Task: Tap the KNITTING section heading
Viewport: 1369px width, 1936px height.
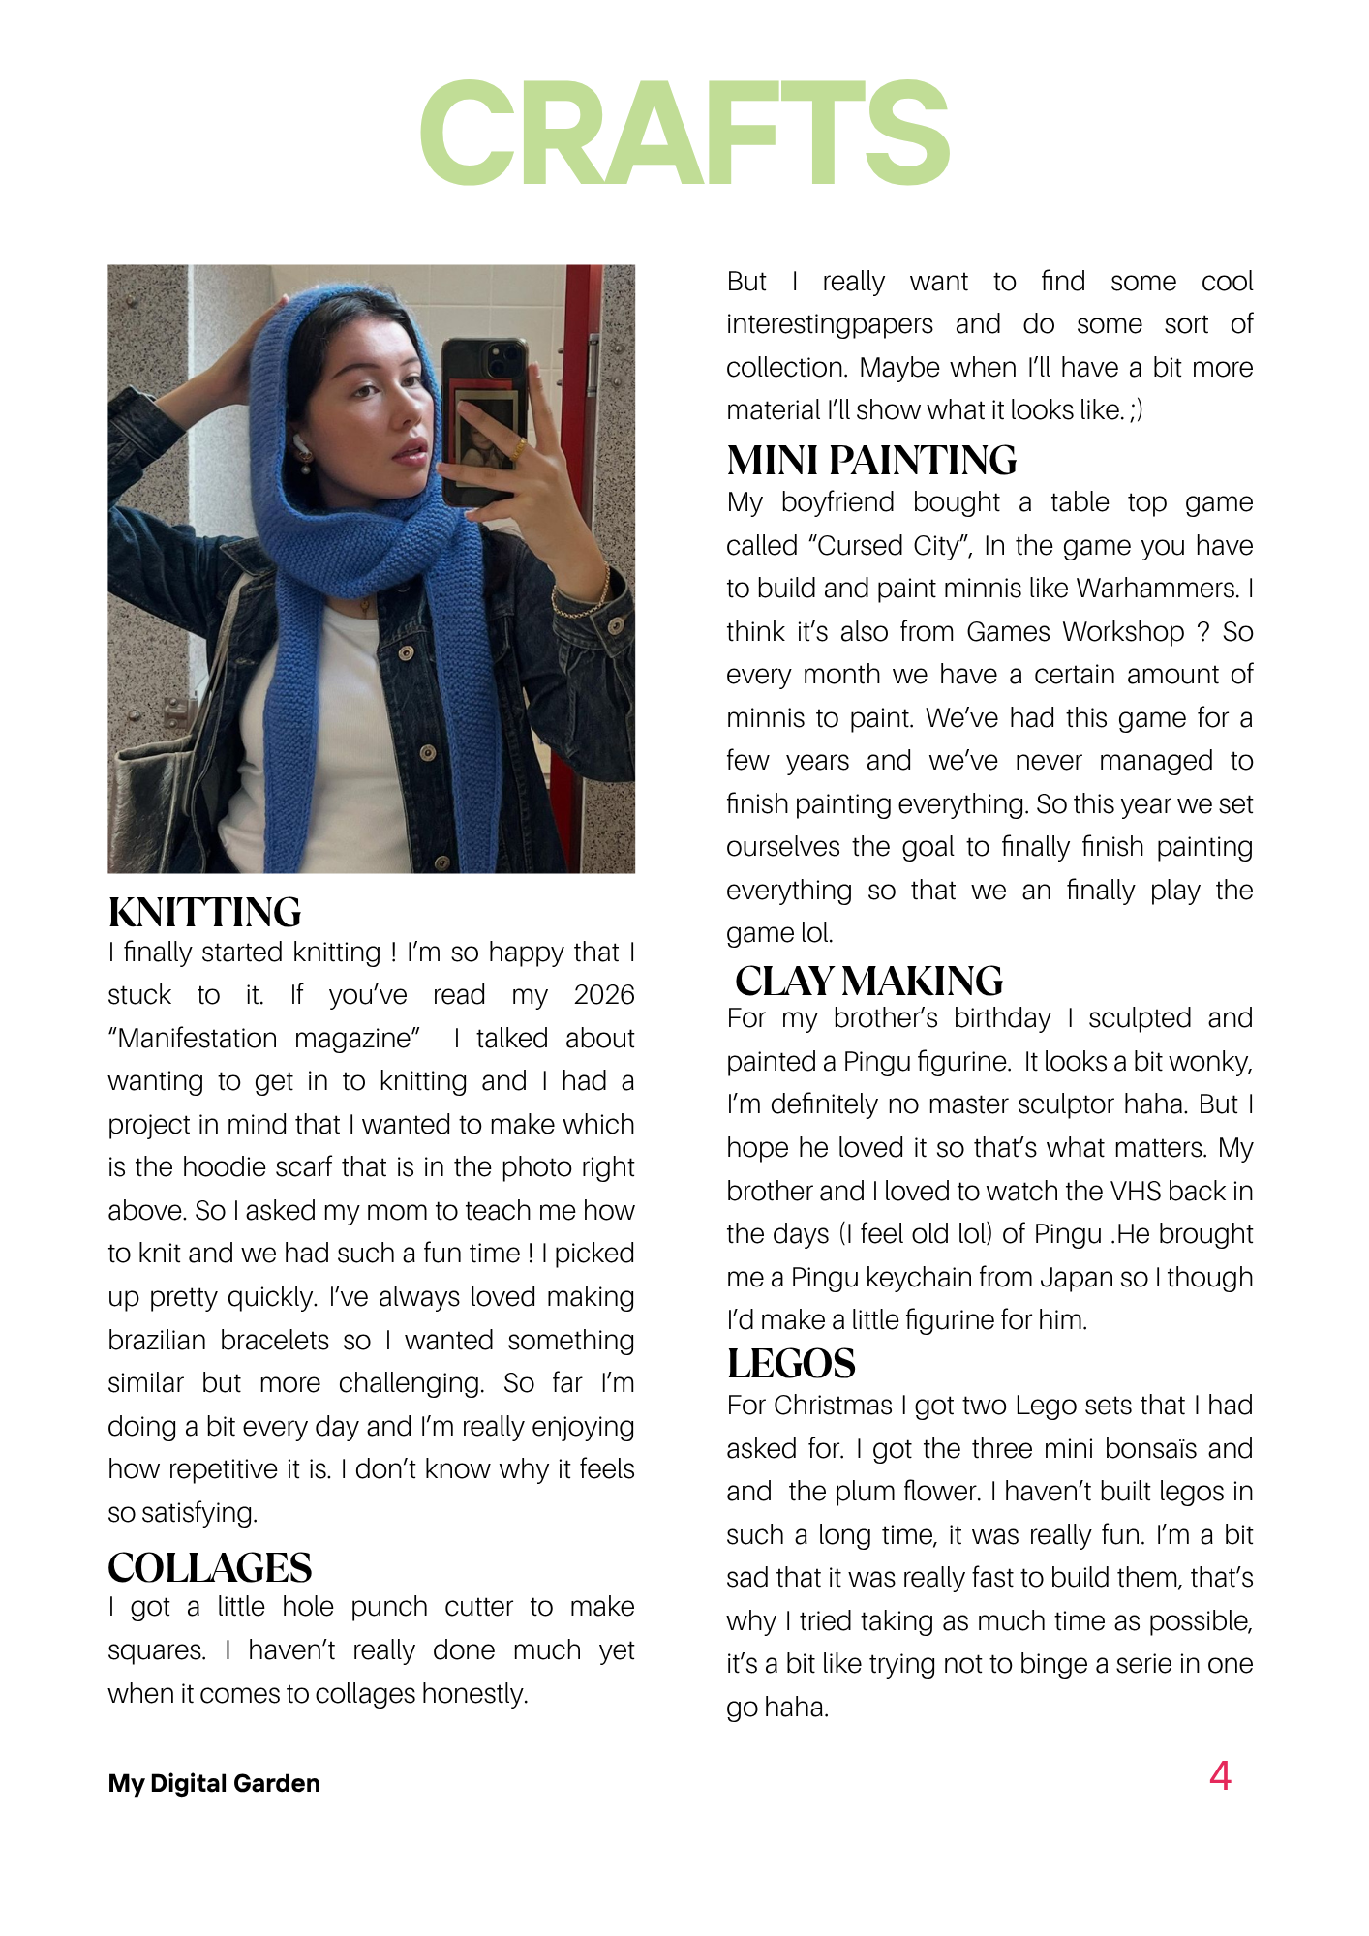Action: [204, 913]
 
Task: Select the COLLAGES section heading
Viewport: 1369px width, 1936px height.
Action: [209, 1567]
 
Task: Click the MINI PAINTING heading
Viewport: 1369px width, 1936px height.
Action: [871, 461]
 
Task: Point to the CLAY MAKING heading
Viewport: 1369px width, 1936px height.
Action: [868, 982]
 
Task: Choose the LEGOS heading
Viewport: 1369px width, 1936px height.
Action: [791, 1364]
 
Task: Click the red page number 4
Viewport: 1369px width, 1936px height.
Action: [1220, 1776]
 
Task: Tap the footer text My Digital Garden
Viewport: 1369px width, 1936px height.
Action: [214, 1783]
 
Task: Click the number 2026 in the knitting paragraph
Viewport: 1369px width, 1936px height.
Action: [604, 995]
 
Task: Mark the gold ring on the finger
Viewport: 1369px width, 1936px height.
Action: [520, 449]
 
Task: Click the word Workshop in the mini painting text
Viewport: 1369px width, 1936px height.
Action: [1123, 632]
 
